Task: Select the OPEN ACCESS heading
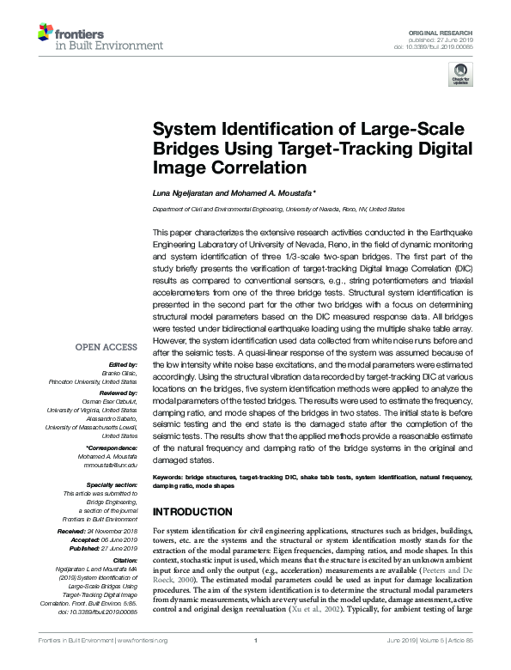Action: (107, 347)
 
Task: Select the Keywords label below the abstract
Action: (168, 476)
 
